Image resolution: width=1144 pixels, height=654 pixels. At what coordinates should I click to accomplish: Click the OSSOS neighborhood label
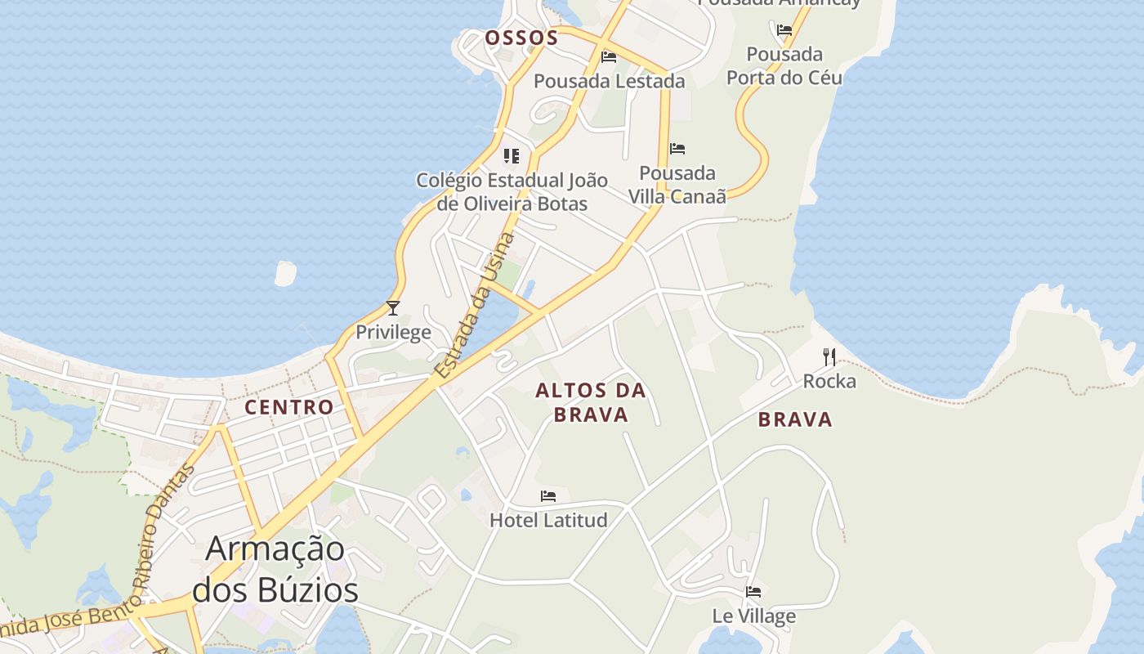click(x=521, y=38)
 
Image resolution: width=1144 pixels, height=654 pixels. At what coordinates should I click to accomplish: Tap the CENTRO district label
click(x=289, y=407)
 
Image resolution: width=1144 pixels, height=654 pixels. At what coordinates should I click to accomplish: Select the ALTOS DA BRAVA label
click(x=591, y=402)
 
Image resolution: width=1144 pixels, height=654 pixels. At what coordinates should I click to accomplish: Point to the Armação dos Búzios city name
click(x=275, y=569)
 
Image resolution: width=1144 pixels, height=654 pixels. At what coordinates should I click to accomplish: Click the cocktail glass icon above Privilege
click(x=393, y=308)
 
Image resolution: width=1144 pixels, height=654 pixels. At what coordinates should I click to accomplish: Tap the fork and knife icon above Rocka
click(x=829, y=357)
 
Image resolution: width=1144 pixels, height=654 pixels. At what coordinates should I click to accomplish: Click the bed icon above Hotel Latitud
click(x=548, y=496)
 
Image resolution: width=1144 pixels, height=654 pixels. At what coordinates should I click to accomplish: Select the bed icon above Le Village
click(x=753, y=592)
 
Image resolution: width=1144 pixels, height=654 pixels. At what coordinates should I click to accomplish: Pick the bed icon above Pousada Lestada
click(x=609, y=57)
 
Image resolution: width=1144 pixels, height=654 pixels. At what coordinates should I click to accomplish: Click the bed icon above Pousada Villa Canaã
click(x=677, y=149)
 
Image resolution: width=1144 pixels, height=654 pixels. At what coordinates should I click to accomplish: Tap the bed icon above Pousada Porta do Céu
click(x=784, y=30)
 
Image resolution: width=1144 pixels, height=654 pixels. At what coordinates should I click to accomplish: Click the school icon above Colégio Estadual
click(x=512, y=155)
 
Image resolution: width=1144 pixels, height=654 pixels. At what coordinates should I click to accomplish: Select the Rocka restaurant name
click(x=829, y=381)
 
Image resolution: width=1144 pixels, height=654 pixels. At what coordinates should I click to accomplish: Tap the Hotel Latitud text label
click(x=548, y=520)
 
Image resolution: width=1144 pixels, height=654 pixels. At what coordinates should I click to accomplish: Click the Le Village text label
click(x=753, y=616)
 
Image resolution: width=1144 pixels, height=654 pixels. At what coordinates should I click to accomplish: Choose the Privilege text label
click(x=393, y=332)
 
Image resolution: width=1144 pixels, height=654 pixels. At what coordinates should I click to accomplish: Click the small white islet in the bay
click(x=286, y=273)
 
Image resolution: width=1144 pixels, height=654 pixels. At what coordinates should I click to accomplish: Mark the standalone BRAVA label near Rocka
click(x=795, y=419)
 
